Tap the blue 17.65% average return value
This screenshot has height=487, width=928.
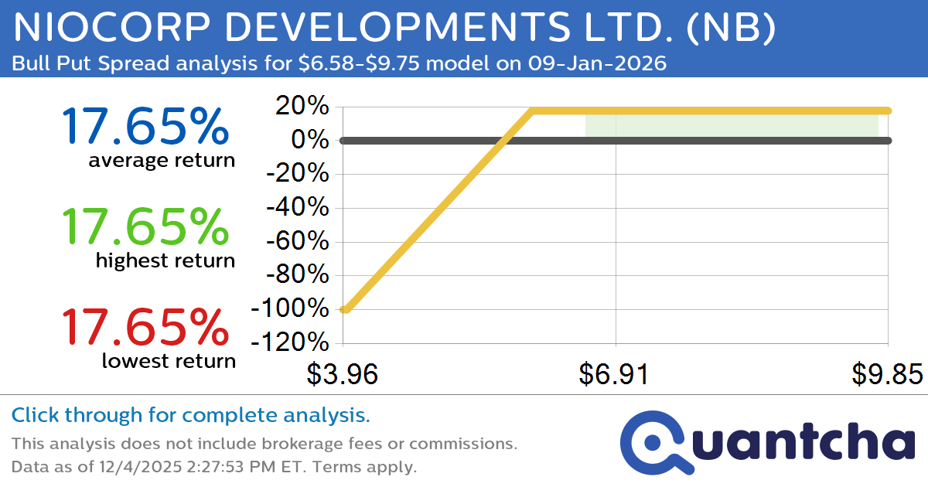point(145,126)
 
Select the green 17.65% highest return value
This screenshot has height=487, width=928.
point(145,226)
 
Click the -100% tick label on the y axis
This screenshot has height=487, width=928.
point(289,309)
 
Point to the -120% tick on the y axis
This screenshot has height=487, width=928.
point(289,343)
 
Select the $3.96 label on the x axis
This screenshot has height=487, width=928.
point(342,374)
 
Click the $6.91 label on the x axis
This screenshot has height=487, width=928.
point(616,374)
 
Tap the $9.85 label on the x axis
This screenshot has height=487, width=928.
point(888,374)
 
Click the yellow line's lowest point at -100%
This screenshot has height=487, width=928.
point(345,309)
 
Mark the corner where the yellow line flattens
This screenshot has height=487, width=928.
point(532,111)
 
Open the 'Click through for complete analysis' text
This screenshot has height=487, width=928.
point(191,415)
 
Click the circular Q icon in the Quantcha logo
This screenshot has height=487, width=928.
point(652,441)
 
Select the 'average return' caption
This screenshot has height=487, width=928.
point(161,160)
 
